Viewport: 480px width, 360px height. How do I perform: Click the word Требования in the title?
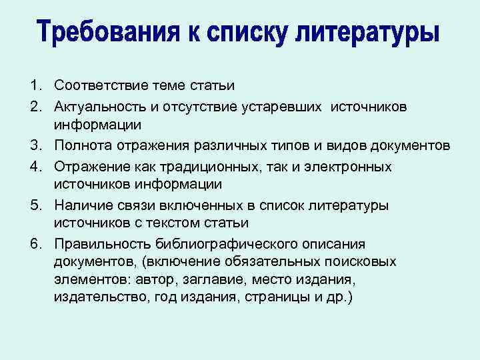[119, 32]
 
